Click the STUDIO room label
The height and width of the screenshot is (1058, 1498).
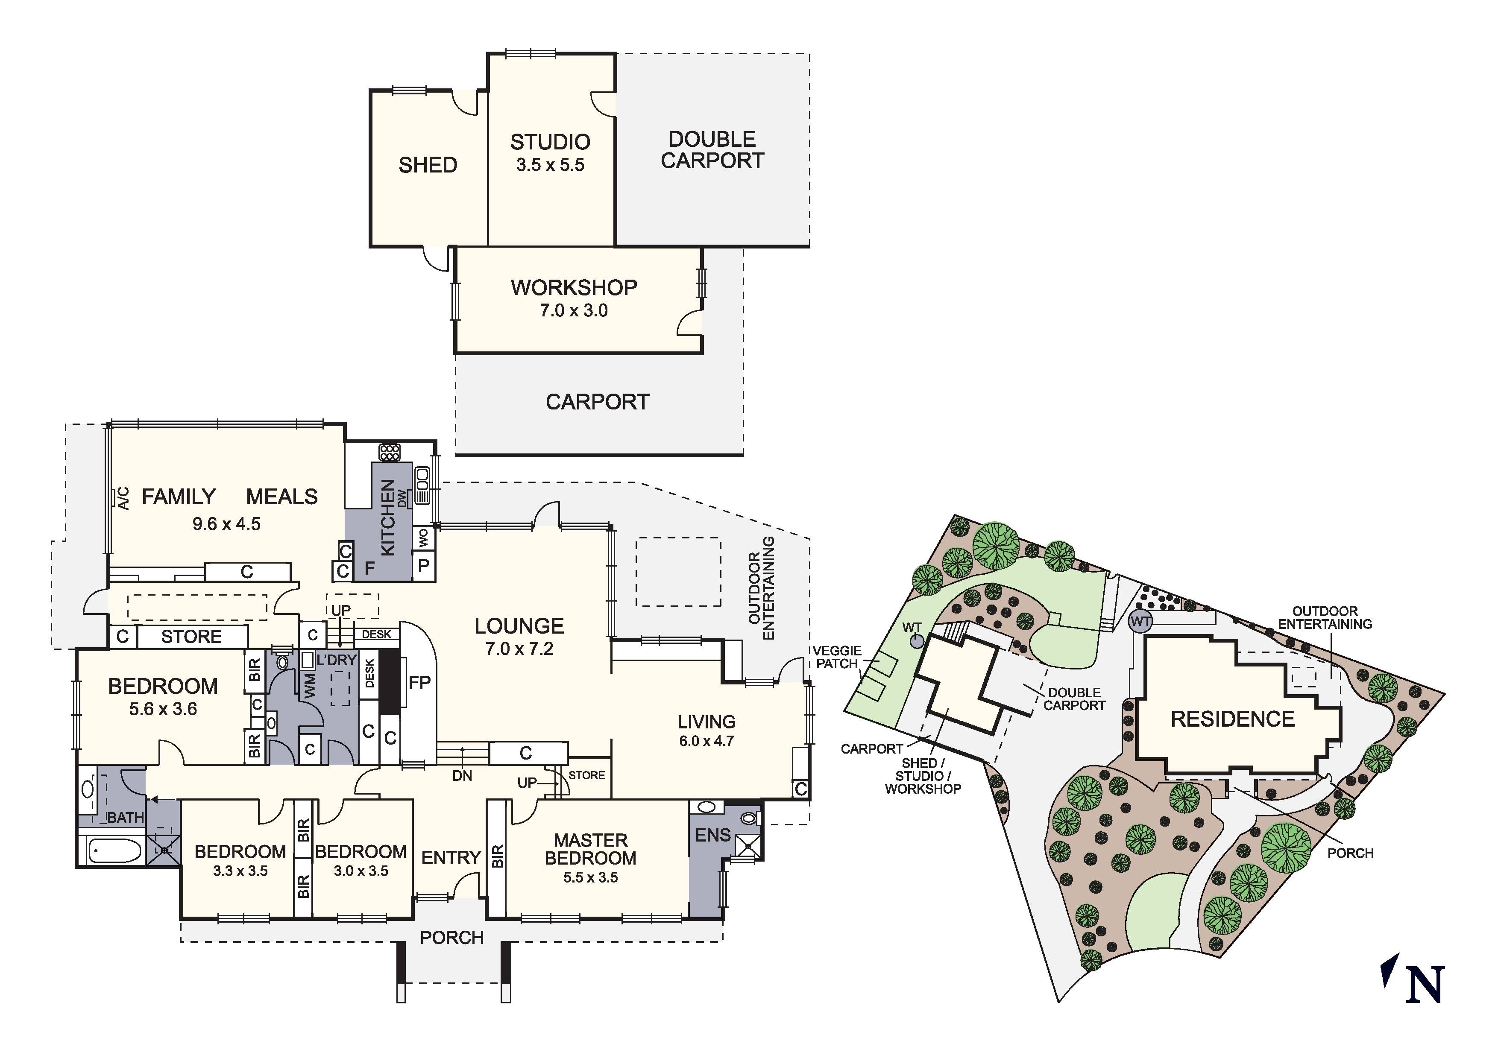(x=550, y=142)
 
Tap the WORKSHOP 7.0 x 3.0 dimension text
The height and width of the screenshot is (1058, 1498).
(x=574, y=310)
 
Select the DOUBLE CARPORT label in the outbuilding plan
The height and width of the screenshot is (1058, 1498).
(x=712, y=150)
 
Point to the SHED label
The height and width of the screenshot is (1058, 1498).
(x=428, y=165)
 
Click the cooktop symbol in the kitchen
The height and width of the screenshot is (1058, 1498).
(x=390, y=452)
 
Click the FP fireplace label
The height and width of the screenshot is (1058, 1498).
(x=419, y=682)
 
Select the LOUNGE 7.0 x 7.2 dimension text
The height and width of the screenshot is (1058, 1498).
(x=519, y=649)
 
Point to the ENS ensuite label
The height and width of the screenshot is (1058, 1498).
(x=712, y=835)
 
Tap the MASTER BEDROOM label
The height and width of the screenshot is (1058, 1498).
(x=590, y=849)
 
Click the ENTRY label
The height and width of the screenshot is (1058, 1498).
(x=451, y=857)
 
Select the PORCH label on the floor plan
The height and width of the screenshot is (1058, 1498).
(x=451, y=937)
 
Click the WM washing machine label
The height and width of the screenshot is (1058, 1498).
(x=311, y=686)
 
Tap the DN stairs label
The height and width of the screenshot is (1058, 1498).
(x=462, y=775)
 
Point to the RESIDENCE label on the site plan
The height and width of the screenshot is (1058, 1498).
(x=1232, y=719)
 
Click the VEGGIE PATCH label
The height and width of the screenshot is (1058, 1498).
(x=837, y=657)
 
